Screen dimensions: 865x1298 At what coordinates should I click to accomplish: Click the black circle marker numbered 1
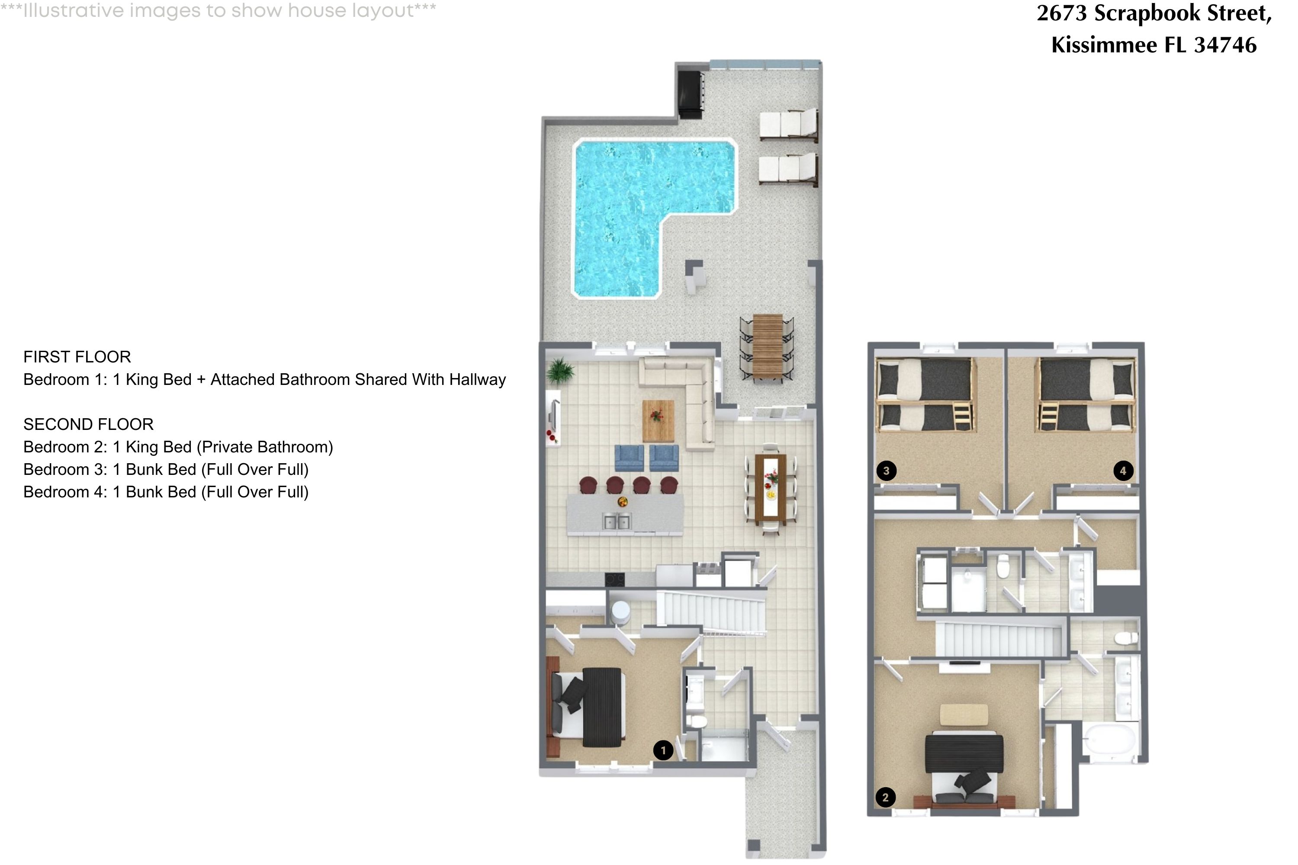pyautogui.click(x=663, y=750)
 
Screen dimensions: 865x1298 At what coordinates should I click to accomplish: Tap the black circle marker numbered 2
pyautogui.click(x=885, y=797)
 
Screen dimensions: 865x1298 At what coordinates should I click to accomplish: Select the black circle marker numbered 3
pyautogui.click(x=886, y=471)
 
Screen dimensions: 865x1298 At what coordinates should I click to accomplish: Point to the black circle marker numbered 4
pyautogui.click(x=1123, y=471)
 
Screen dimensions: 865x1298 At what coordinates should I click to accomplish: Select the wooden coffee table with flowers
pyautogui.click(x=658, y=420)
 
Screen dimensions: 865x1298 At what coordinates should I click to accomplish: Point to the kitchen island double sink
pyautogui.click(x=617, y=521)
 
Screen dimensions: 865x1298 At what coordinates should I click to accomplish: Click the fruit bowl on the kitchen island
pyautogui.click(x=623, y=502)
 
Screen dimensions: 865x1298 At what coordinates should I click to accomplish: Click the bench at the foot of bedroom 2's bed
pyautogui.click(x=964, y=715)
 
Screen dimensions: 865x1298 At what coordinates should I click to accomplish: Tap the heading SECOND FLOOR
pyautogui.click(x=88, y=424)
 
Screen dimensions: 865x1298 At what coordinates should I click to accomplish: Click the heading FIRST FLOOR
pyautogui.click(x=77, y=357)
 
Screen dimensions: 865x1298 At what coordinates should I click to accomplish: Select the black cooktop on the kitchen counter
pyautogui.click(x=615, y=579)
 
